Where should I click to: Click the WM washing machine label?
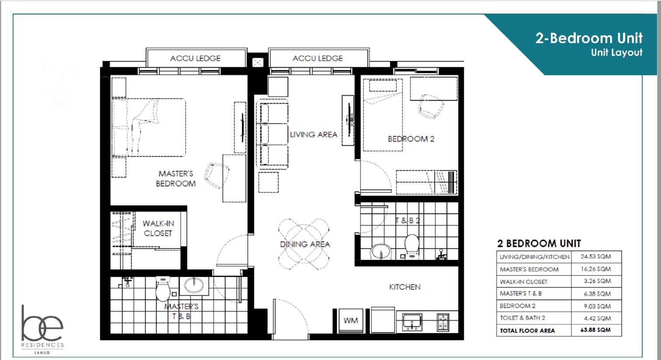tap(351, 321)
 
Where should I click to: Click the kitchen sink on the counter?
tap(412, 322)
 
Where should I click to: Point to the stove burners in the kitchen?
tap(443, 322)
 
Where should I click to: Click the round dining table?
tap(304, 244)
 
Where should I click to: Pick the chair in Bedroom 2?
tap(431, 106)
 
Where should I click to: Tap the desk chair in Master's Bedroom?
tap(216, 175)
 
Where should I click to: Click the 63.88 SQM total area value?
tap(595, 330)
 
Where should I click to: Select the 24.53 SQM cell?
tap(596, 257)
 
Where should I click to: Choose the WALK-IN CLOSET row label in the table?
tap(523, 282)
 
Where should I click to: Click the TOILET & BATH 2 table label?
tap(522, 318)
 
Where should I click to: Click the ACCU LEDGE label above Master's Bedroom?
tap(195, 59)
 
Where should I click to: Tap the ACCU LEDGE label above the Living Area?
tap(318, 59)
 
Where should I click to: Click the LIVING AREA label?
tap(314, 135)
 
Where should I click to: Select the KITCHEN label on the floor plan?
tap(404, 287)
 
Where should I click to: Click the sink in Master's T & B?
tap(194, 285)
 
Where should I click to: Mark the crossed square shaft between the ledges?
tap(257, 62)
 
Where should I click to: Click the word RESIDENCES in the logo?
tap(42, 345)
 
